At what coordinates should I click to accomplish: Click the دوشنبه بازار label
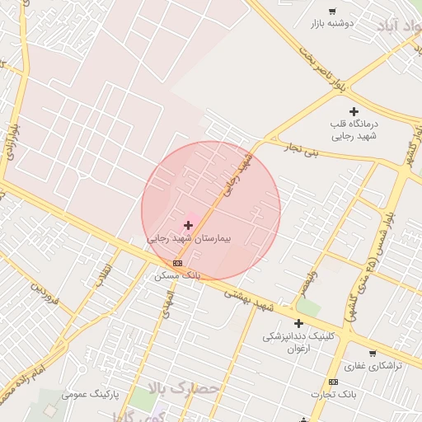coord(331,24)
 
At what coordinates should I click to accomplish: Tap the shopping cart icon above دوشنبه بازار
coord(332,12)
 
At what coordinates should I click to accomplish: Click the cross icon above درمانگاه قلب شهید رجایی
coord(354,111)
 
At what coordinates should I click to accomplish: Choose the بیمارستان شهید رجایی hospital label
coord(190,237)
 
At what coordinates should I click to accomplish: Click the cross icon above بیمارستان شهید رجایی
coord(188,224)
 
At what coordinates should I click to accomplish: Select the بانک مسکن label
coord(177,275)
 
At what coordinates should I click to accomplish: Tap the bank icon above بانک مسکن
coord(177,263)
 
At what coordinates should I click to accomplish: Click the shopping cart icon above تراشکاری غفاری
coord(373,354)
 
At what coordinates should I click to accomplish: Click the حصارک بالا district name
coord(185,387)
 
